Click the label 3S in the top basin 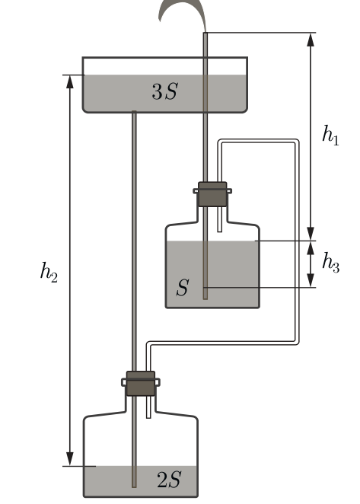[x=164, y=91]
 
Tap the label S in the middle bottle [x=183, y=287]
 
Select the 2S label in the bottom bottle [x=170, y=480]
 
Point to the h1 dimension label [x=331, y=136]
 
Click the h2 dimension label [x=49, y=273]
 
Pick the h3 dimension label [x=331, y=263]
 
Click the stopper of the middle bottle [x=212, y=194]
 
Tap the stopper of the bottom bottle [x=141, y=384]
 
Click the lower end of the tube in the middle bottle [x=205, y=299]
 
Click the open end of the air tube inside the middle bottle [x=220, y=231]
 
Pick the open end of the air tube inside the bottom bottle [x=148, y=417]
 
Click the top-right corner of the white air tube [x=297, y=142]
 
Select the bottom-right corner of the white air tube [x=297, y=343]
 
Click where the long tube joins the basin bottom [x=135, y=112]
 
